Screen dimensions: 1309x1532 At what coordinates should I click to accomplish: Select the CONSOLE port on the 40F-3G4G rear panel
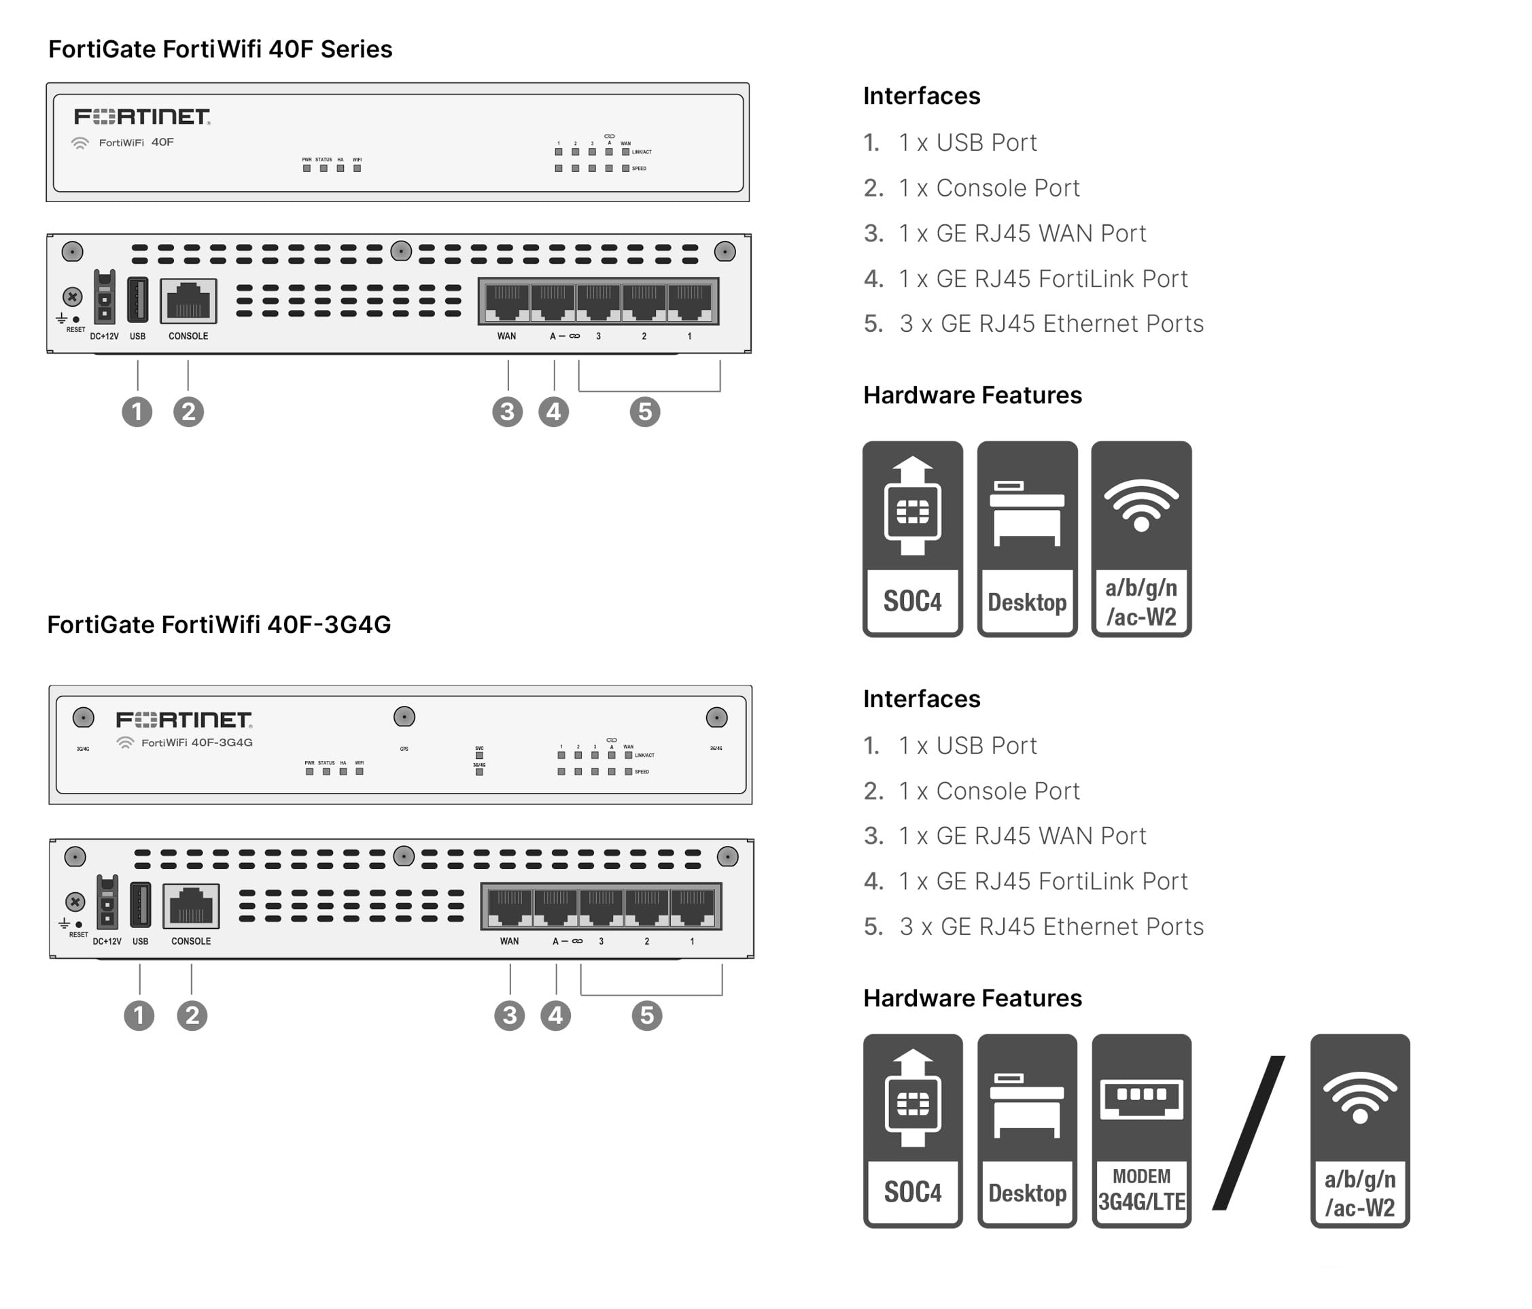click(x=192, y=905)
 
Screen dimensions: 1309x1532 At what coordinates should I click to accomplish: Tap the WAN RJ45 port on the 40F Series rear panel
click(x=506, y=302)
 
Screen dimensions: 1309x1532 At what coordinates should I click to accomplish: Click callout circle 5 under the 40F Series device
click(x=645, y=412)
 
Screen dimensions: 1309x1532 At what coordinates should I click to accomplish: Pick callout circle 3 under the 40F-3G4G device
click(x=510, y=1015)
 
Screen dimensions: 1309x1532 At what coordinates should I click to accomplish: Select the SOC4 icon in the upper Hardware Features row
click(x=912, y=539)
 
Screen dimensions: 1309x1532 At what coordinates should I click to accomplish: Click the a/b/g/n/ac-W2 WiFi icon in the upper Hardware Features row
click(x=1141, y=539)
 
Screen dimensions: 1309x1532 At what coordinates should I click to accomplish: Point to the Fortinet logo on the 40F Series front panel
click(x=142, y=117)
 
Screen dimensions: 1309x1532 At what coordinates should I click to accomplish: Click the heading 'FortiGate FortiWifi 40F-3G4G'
click(x=219, y=625)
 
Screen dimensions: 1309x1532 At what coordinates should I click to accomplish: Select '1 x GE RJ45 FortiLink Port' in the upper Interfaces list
click(x=1043, y=279)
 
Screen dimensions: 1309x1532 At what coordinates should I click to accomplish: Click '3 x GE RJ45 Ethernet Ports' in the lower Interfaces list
click(x=1051, y=927)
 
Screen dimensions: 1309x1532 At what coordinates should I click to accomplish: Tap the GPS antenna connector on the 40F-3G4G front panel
click(x=404, y=717)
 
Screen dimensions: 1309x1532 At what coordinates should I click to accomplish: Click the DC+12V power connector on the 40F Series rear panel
click(x=104, y=298)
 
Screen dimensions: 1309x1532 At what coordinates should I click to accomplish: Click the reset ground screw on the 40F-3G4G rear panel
click(x=75, y=902)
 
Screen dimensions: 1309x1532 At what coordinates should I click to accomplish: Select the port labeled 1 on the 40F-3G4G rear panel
click(x=693, y=906)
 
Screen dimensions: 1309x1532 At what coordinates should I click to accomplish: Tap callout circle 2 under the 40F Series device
click(x=188, y=412)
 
